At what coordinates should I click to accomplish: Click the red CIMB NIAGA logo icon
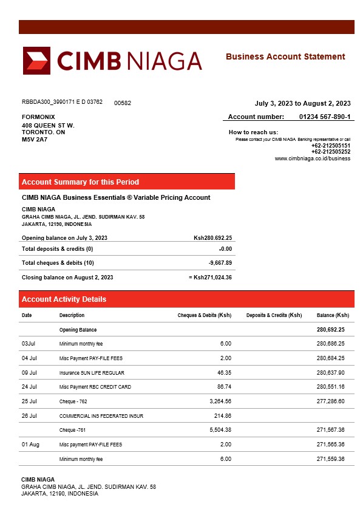[x=36, y=60]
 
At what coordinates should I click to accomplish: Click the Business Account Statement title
[x=285, y=56]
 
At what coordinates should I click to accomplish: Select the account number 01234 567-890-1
[x=325, y=117]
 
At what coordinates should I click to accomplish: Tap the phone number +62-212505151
[x=330, y=146]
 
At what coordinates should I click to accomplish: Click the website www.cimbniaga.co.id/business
[x=313, y=159]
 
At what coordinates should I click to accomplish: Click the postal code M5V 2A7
[x=35, y=139]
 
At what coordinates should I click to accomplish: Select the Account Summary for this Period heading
[x=80, y=182]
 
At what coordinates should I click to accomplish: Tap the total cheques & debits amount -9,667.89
[x=220, y=262]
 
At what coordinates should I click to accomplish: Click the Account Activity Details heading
[x=64, y=299]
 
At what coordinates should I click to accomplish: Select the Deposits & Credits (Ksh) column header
[x=274, y=315]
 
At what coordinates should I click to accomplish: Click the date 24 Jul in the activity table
[x=29, y=386]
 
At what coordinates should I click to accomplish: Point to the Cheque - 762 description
[x=73, y=401]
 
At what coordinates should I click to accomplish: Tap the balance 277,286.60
[x=331, y=401]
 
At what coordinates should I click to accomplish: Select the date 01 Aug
[x=30, y=445]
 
